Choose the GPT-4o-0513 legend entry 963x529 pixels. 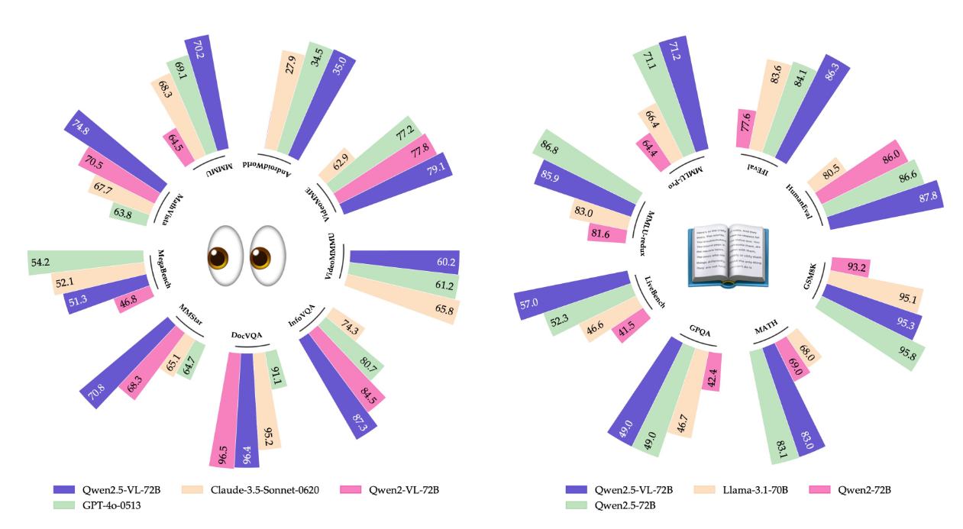(x=104, y=505)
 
